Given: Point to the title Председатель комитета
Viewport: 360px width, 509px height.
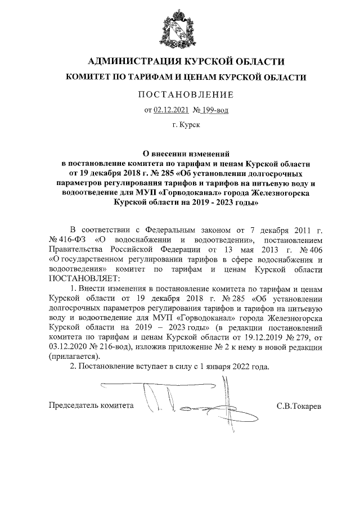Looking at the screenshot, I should (92, 405).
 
